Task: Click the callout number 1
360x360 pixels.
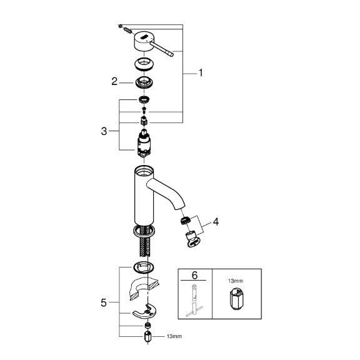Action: tap(201, 72)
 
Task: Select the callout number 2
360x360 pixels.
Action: tap(114, 81)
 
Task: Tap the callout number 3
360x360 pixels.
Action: tap(104, 131)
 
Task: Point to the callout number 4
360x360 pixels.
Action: tap(216, 222)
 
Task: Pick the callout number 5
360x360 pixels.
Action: tap(104, 302)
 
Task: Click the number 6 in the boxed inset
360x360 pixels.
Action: tap(194, 275)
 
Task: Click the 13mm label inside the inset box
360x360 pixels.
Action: tap(236, 281)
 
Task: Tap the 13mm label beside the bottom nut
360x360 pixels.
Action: tap(174, 336)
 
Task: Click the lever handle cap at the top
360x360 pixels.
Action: tap(142, 41)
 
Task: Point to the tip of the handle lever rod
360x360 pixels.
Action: tap(171, 54)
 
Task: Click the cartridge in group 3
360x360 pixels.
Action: tap(144, 142)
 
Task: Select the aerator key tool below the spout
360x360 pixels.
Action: tap(194, 240)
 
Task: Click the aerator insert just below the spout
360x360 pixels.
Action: tap(185, 221)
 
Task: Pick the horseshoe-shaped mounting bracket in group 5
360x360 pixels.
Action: tap(144, 311)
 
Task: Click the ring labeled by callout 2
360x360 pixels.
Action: tap(144, 82)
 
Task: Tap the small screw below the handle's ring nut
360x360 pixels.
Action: tap(144, 109)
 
